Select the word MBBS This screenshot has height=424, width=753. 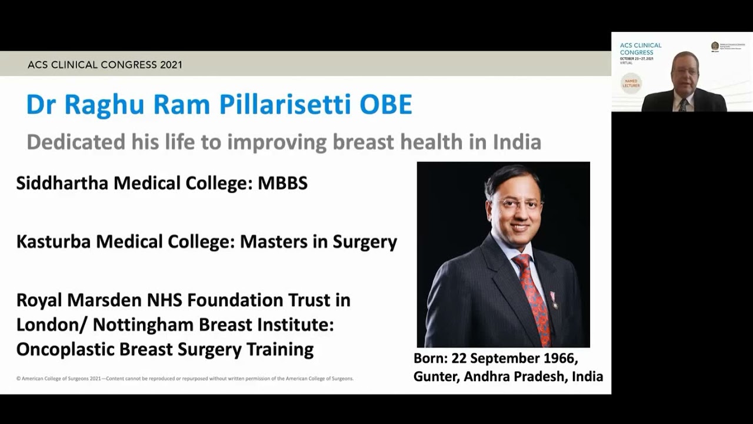click(x=282, y=183)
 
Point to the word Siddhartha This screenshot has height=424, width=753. click(x=62, y=183)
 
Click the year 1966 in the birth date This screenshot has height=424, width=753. click(x=559, y=359)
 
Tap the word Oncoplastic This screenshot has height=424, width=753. click(x=65, y=350)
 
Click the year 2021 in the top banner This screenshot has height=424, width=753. click(x=171, y=65)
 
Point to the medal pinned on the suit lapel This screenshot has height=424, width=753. click(x=553, y=300)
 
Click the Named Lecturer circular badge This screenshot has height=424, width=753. click(x=631, y=83)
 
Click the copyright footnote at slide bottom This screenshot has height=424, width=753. click(x=185, y=379)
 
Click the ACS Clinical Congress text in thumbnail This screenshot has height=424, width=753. click(x=641, y=48)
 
